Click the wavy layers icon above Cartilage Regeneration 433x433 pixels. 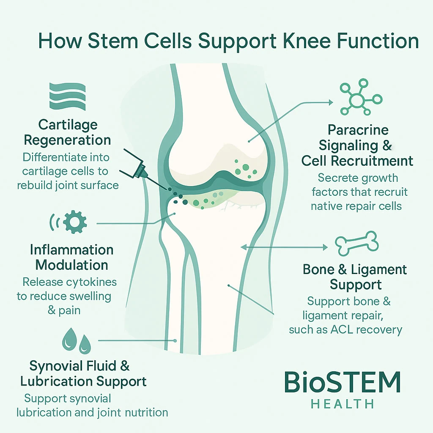pyautogui.click(x=67, y=97)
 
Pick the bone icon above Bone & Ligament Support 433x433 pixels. pyautogui.click(x=356, y=244)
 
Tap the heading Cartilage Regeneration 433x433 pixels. pyautogui.click(x=68, y=132)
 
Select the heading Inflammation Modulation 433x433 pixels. pyautogui.click(x=72, y=257)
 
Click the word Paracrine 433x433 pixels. pyautogui.click(x=358, y=129)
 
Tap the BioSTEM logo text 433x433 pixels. pyautogui.click(x=342, y=383)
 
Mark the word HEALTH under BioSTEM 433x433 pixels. pyautogui.click(x=343, y=404)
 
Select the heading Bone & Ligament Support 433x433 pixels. pyautogui.click(x=355, y=277)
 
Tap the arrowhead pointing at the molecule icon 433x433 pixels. pyautogui.click(x=329, y=102)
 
